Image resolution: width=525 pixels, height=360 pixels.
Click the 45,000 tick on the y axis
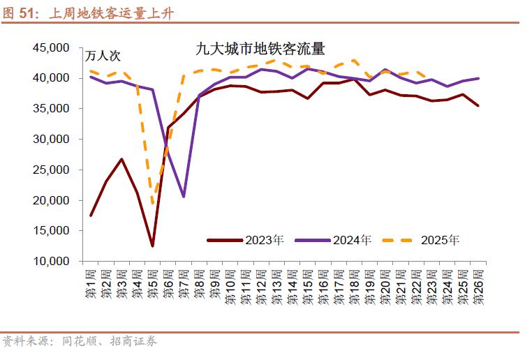[x=51, y=48]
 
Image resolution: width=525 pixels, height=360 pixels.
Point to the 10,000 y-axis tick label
[x=51, y=261]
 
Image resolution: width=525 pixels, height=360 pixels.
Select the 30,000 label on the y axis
[x=51, y=140]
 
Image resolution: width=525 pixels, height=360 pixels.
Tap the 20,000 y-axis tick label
[x=51, y=200]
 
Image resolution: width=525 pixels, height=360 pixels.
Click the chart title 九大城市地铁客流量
[x=260, y=50]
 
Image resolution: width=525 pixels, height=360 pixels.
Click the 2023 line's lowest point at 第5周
[x=152, y=246]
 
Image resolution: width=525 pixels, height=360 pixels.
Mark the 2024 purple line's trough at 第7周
[x=184, y=197]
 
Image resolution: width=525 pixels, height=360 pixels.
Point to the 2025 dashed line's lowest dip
[x=153, y=204]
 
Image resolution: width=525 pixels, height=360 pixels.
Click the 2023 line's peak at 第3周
[x=121, y=159]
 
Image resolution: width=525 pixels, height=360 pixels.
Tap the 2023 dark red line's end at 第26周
[x=478, y=106]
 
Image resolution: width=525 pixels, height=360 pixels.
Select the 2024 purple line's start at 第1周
[x=91, y=76]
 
